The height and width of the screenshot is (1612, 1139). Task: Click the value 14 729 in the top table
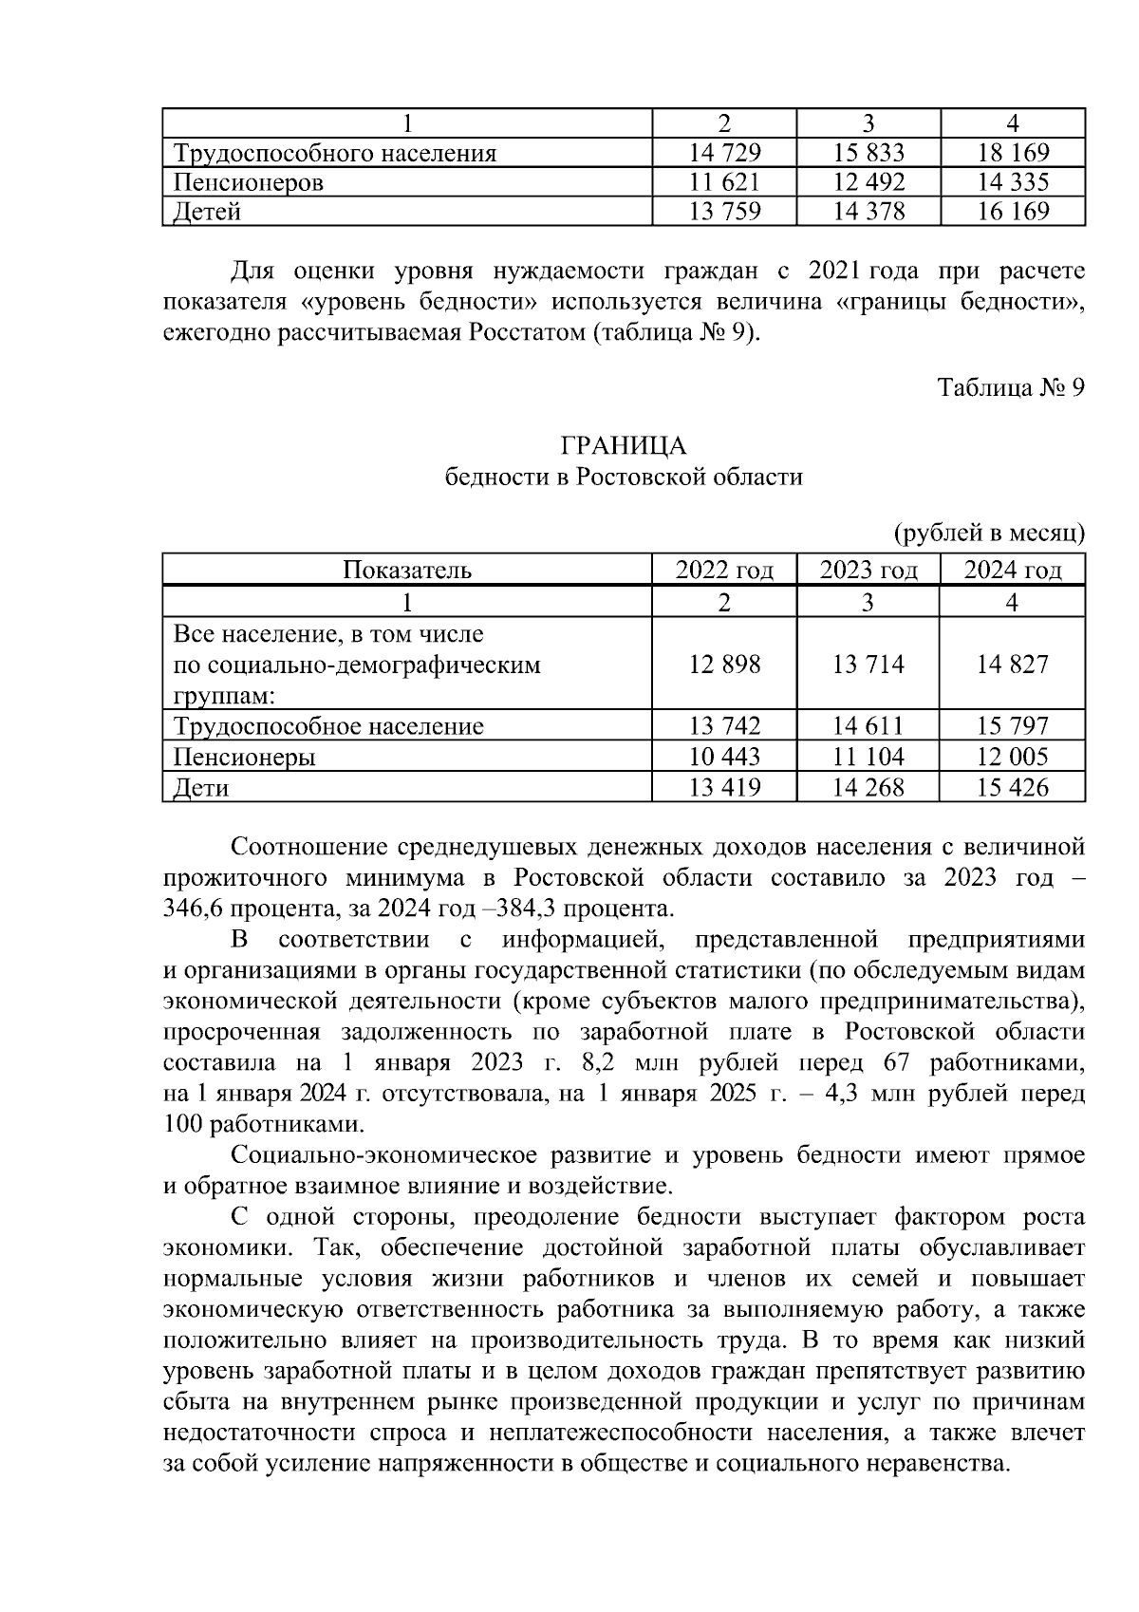click(724, 153)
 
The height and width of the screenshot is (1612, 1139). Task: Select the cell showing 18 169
click(1013, 153)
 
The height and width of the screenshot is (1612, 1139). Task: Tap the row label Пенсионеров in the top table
click(249, 182)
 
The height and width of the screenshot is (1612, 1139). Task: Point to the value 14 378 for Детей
click(868, 212)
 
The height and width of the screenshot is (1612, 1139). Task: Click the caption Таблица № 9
click(1010, 388)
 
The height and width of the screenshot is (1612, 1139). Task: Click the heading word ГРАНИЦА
click(624, 446)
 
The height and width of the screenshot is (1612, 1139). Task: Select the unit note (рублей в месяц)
click(989, 534)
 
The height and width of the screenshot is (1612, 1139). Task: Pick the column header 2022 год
click(724, 571)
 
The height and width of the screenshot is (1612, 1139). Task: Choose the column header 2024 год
click(1013, 571)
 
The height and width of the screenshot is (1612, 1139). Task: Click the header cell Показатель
click(407, 571)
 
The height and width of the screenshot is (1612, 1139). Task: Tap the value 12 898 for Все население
click(724, 665)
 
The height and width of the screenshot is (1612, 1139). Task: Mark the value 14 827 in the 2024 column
click(1013, 665)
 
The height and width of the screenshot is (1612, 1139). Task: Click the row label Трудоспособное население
click(328, 727)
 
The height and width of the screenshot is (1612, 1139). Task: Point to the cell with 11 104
click(868, 757)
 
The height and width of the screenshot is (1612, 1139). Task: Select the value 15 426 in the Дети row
click(1013, 787)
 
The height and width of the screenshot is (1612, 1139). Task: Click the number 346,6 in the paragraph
click(192, 909)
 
